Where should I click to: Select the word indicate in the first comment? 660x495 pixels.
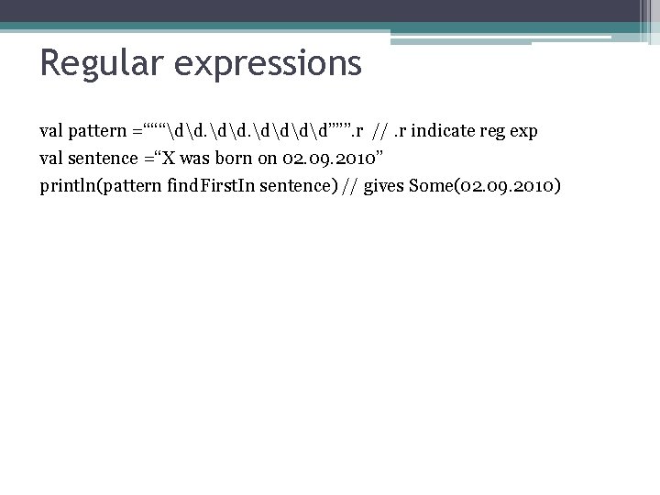coord(449,131)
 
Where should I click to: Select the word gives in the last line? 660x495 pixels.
coord(384,187)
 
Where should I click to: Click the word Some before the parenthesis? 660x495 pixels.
coord(430,186)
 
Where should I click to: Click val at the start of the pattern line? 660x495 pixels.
coord(52,131)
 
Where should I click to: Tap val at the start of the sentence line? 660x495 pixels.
coord(52,159)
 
